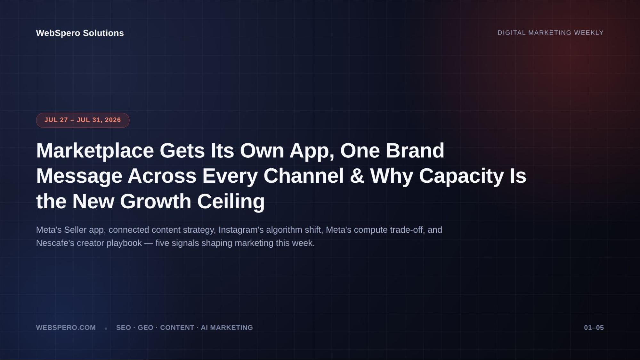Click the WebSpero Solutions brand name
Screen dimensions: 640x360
(x=80, y=33)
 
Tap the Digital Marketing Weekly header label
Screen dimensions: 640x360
(x=550, y=33)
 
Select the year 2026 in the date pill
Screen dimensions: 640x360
(x=113, y=120)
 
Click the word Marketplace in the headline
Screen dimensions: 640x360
(x=95, y=150)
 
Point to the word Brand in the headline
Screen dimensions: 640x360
(x=415, y=150)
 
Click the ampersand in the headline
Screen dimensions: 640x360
(x=357, y=176)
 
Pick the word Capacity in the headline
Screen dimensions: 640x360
(x=461, y=176)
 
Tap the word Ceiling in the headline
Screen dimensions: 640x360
(x=231, y=202)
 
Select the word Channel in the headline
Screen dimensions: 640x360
(x=304, y=176)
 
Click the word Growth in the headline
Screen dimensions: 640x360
(x=156, y=201)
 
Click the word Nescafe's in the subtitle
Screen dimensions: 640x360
(x=55, y=243)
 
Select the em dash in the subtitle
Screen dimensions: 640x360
(x=149, y=243)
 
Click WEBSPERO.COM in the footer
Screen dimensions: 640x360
(x=66, y=328)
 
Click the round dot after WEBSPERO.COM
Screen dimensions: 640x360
(x=106, y=328)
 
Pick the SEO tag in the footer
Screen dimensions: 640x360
(x=123, y=328)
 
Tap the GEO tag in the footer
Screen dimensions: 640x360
(x=145, y=328)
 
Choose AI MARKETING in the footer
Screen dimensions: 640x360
(x=227, y=328)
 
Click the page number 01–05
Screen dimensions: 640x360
(x=594, y=328)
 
